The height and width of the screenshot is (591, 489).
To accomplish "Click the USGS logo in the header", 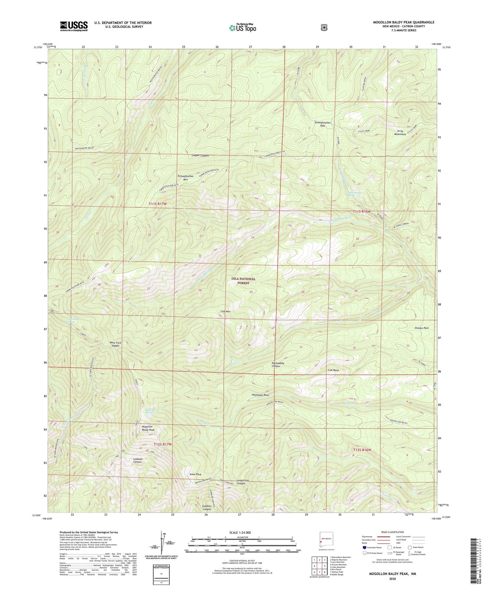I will tap(74, 26).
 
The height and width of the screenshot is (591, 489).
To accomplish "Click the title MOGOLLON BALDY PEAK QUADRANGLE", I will tap(404, 22).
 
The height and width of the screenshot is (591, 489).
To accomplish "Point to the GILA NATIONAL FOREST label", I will tap(243, 281).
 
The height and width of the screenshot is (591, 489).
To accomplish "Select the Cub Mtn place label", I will tap(225, 311).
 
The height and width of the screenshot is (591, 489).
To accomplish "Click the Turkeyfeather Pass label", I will tap(322, 124).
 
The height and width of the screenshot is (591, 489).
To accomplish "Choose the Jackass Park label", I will tap(421, 328).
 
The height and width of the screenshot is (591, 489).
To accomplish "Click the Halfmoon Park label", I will tap(260, 395).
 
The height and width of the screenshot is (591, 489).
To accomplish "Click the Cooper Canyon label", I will tap(200, 155).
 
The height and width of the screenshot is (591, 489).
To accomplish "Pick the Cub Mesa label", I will tap(333, 370).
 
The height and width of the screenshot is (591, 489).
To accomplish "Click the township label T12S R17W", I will tap(163, 444).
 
